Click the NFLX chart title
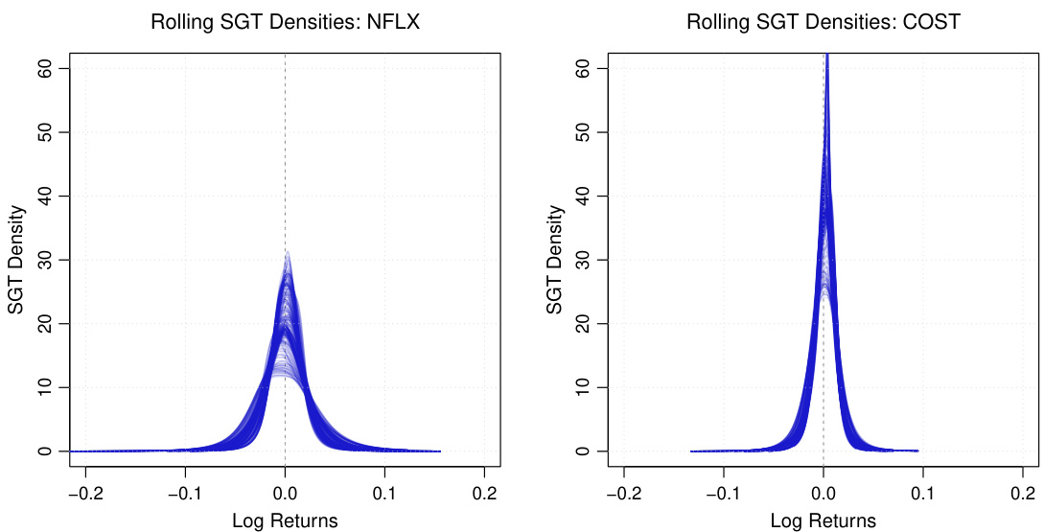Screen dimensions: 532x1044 (286, 22)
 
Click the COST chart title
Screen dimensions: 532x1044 (824, 22)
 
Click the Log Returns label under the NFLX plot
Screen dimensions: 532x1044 (285, 520)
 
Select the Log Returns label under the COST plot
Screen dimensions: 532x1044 (824, 520)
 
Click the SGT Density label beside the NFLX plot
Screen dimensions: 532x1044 (16, 260)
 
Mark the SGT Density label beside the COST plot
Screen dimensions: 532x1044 (555, 260)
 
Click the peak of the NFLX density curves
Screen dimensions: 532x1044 (287, 253)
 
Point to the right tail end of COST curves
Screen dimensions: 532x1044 (917, 451)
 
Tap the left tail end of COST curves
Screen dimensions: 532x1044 (692, 451)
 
